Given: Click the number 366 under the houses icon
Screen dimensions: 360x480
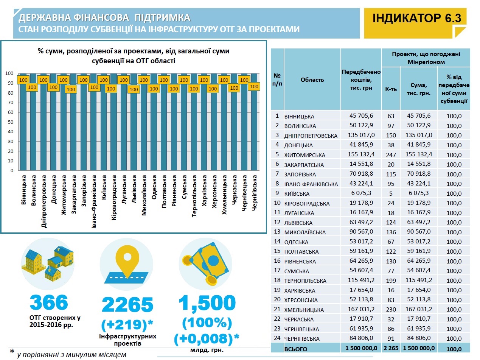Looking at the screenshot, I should (x=49, y=303).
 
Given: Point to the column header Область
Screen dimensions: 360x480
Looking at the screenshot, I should (x=312, y=80).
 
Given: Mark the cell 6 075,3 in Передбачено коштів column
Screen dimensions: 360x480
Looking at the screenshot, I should (x=361, y=193).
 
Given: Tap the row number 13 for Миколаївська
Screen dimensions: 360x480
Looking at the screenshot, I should (x=277, y=232).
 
